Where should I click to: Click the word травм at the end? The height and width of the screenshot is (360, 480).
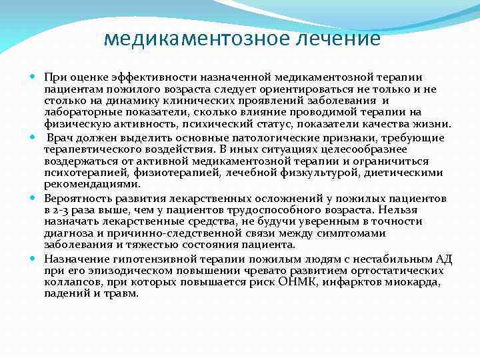click(x=122, y=293)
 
